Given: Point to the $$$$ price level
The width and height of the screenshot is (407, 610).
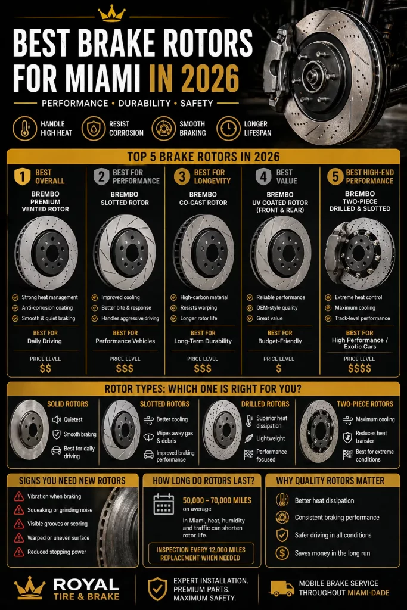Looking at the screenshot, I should coord(359,368).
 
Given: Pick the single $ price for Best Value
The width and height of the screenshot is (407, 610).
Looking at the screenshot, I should coord(279,368).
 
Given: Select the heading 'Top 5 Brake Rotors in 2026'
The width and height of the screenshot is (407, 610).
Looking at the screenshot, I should coord(203,157).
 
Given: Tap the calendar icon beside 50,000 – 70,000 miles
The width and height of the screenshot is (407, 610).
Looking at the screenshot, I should coord(163,504).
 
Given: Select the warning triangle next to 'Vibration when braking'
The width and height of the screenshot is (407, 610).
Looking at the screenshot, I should coord(18,497).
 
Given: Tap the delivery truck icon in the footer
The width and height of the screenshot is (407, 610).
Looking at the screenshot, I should coord(282,588).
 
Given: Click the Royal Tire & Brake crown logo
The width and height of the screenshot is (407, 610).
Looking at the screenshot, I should coord(29,588).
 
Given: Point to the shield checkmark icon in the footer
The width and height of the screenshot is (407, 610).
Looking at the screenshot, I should coord(157,588).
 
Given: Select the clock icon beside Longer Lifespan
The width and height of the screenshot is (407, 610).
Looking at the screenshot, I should coord(227,128).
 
